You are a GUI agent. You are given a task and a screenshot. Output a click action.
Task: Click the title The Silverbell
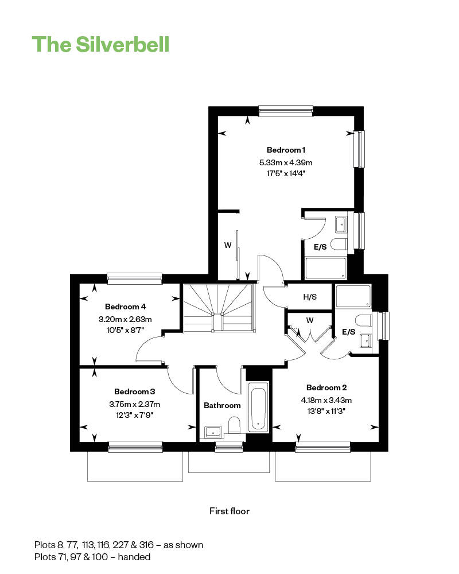pyautogui.click(x=100, y=45)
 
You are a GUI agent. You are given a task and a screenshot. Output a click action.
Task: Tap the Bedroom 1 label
pyautogui.click(x=286, y=150)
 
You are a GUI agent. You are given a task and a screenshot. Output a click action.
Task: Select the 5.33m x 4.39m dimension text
pyautogui.click(x=286, y=162)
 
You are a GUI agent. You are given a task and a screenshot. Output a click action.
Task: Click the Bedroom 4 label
pyautogui.click(x=126, y=307)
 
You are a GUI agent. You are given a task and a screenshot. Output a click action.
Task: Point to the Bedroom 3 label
pyautogui.click(x=135, y=391)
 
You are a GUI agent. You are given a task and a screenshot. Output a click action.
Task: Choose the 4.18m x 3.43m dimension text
pyautogui.click(x=326, y=400)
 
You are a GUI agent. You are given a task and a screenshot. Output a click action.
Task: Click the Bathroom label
pyautogui.click(x=222, y=405)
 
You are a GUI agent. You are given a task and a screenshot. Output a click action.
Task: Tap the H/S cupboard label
pyautogui.click(x=310, y=297)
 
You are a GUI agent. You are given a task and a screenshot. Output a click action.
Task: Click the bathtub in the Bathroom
pyautogui.click(x=258, y=407)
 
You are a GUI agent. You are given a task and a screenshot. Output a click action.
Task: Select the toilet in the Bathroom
pyautogui.click(x=234, y=425)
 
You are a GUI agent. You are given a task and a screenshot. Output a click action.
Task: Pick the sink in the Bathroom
pyautogui.click(x=213, y=432)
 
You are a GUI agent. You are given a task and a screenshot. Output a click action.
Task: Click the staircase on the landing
pyautogui.click(x=219, y=308)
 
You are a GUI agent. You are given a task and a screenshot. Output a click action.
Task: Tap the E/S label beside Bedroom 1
pyautogui.click(x=320, y=247)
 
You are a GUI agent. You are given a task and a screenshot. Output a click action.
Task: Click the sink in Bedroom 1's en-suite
pyautogui.click(x=341, y=224)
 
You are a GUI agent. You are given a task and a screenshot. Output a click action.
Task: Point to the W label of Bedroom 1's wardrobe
pyautogui.click(x=228, y=245)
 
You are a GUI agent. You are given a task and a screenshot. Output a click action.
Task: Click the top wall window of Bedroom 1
pyautogui.click(x=286, y=111)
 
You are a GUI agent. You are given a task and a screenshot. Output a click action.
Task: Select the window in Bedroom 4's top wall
pyautogui.click(x=135, y=278)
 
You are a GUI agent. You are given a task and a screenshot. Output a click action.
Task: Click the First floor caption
pyautogui.click(x=229, y=511)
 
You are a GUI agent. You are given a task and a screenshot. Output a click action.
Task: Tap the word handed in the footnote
pyautogui.click(x=134, y=557)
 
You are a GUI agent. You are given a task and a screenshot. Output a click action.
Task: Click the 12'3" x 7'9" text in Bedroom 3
pyautogui.click(x=135, y=415)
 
